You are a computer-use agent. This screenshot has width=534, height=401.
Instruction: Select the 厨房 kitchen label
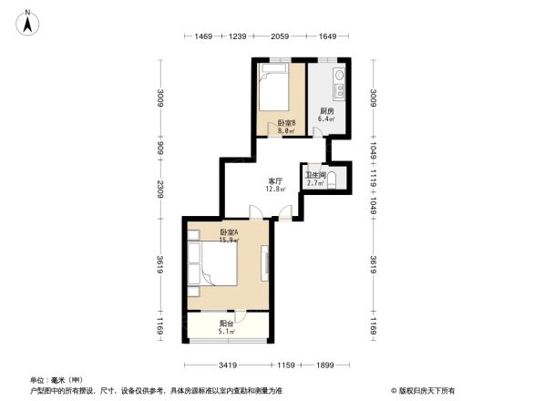(325, 110)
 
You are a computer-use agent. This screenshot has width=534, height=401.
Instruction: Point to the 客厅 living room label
(275, 180)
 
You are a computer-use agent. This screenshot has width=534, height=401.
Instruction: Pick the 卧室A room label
(229, 232)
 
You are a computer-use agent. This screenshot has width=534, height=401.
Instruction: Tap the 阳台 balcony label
(226, 324)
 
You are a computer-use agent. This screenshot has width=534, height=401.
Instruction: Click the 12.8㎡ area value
(275, 190)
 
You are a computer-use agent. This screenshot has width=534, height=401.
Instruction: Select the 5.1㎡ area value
(227, 332)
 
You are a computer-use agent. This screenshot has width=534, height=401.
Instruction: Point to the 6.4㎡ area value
(325, 118)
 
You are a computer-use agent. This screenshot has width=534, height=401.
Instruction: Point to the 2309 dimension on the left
(160, 190)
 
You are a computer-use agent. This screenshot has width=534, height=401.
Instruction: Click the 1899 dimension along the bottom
(313, 365)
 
